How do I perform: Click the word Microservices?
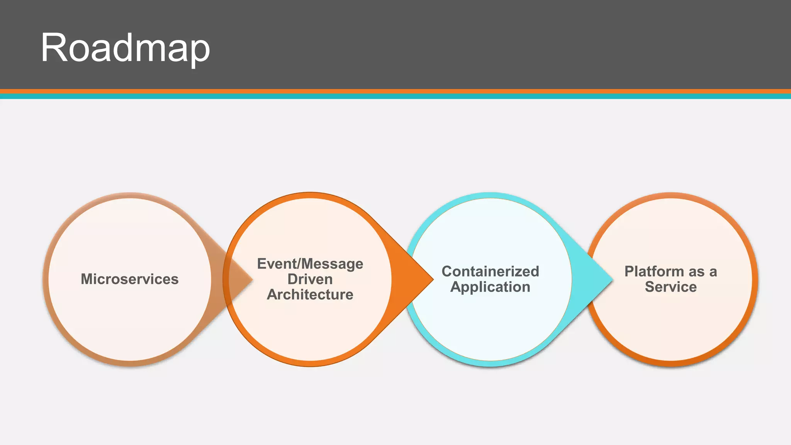click(130, 279)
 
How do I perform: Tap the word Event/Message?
click(310, 264)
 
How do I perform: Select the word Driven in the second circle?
click(310, 279)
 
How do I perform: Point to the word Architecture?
click(310, 294)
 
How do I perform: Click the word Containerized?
click(490, 271)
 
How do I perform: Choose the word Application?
click(490, 287)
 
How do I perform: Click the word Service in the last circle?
click(670, 287)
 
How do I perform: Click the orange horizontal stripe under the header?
click(395, 92)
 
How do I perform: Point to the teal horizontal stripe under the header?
click(395, 97)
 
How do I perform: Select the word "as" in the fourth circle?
click(695, 271)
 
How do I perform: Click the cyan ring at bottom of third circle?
click(491, 363)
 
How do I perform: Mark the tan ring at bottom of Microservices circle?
click(130, 363)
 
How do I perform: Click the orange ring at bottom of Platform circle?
click(671, 363)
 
